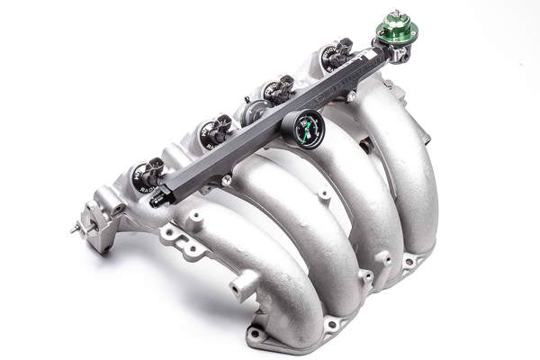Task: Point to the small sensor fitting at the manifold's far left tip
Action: [76, 229]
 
